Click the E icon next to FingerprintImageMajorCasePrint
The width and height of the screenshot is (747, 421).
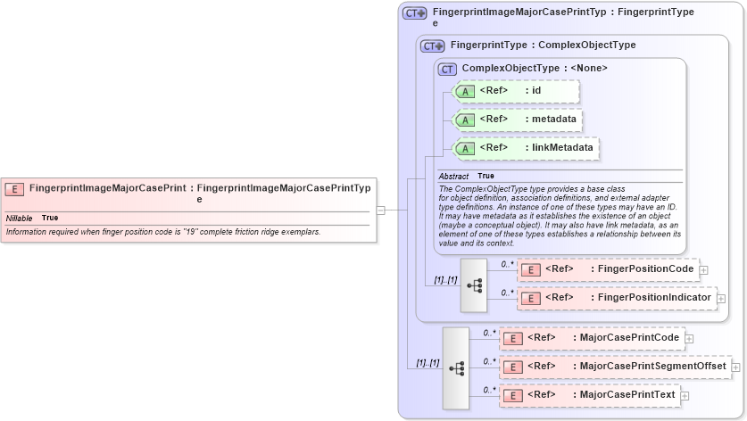(x=14, y=188)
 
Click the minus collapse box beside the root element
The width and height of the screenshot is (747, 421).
(x=380, y=210)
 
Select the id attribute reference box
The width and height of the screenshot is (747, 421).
(x=517, y=91)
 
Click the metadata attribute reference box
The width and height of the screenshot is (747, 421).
(x=519, y=120)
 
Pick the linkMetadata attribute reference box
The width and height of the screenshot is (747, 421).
(x=526, y=148)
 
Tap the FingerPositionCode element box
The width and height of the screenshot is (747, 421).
(x=607, y=269)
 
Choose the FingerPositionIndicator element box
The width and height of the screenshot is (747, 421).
(x=616, y=298)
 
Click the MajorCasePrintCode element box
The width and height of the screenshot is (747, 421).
(x=593, y=338)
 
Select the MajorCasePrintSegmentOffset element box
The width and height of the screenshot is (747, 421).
(x=614, y=367)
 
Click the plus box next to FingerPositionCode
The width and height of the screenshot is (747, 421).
(x=703, y=269)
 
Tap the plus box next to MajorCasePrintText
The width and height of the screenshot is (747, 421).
(x=685, y=395)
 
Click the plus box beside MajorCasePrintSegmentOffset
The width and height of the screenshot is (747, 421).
(x=735, y=367)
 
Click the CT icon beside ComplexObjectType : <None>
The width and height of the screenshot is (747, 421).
(x=447, y=69)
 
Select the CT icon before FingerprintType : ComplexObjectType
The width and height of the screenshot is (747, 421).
(x=432, y=45)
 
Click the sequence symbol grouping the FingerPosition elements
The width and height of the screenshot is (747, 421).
(x=474, y=285)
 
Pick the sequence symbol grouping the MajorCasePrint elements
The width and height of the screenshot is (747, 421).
(x=456, y=367)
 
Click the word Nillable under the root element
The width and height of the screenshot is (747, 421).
(x=19, y=218)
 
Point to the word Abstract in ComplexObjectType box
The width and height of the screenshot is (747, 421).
(x=453, y=177)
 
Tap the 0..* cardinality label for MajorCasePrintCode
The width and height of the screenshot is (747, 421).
(x=489, y=333)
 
